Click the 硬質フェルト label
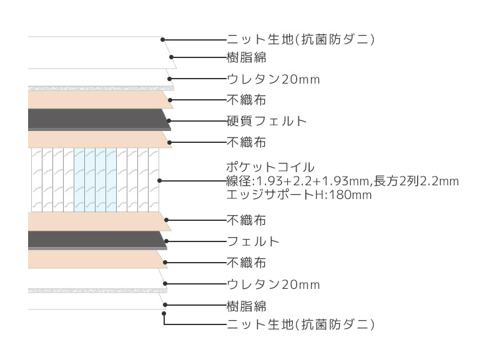[267, 121]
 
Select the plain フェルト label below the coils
[253, 241]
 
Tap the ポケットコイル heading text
[270, 167]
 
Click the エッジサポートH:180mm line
[299, 195]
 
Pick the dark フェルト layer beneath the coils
[97, 240]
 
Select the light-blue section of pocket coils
[96, 180]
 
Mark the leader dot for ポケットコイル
[159, 180]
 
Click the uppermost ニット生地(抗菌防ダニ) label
[301, 39]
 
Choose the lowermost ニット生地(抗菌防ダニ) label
[301, 324]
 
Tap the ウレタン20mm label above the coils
[273, 79]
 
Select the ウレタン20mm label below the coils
[273, 284]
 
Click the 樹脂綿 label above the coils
[246, 57]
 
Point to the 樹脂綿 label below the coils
[246, 306]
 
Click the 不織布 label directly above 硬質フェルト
[246, 100]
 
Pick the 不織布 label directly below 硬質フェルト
[246, 142]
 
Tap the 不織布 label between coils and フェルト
[246, 220]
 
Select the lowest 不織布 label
[246, 263]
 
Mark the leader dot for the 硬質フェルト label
[169, 121]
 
